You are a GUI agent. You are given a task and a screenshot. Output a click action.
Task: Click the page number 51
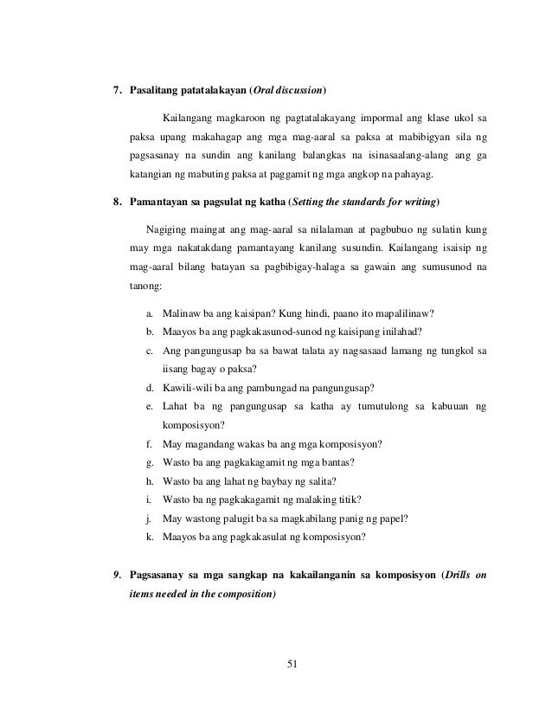(291, 665)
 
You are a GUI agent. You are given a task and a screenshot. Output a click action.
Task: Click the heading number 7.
(107, 90)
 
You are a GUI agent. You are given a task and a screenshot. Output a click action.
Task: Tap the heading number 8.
(107, 203)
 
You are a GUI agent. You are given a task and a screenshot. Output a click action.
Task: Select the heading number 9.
(107, 575)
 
